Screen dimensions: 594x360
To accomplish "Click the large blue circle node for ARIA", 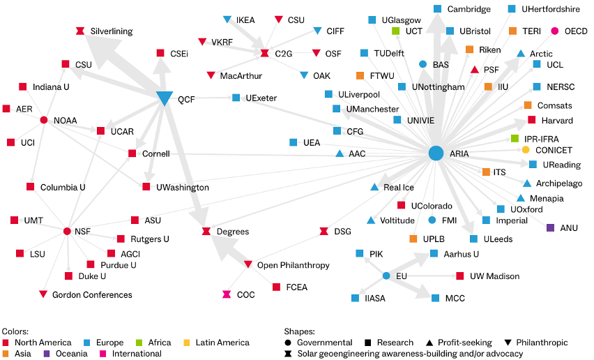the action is [x=436, y=153].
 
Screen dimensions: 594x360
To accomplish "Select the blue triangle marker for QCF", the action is [x=165, y=98].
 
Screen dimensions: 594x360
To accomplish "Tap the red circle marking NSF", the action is [x=67, y=231].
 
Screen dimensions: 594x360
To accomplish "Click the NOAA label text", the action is [x=65, y=121].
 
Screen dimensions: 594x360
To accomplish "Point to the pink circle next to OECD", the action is [x=554, y=31].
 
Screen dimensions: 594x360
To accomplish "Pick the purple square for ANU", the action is [x=551, y=227].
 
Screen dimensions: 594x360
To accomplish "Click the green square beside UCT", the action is [x=395, y=31].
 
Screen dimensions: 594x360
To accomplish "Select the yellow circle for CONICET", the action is [x=526, y=150].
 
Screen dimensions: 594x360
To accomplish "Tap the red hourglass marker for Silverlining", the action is [x=80, y=31].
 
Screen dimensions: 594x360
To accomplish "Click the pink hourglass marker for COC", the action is [x=227, y=294].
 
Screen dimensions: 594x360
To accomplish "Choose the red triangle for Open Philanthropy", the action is [x=247, y=264].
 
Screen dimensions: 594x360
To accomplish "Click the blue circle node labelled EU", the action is [x=386, y=276].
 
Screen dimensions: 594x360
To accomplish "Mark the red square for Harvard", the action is [x=531, y=120].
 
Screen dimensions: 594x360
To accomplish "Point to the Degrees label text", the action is [x=233, y=232].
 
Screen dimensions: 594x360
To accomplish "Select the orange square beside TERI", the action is [x=512, y=31].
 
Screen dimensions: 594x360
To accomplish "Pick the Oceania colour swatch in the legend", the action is [x=47, y=354].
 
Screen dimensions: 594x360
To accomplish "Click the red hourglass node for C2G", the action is [x=265, y=54].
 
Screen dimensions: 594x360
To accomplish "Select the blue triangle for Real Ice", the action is [x=374, y=187].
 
